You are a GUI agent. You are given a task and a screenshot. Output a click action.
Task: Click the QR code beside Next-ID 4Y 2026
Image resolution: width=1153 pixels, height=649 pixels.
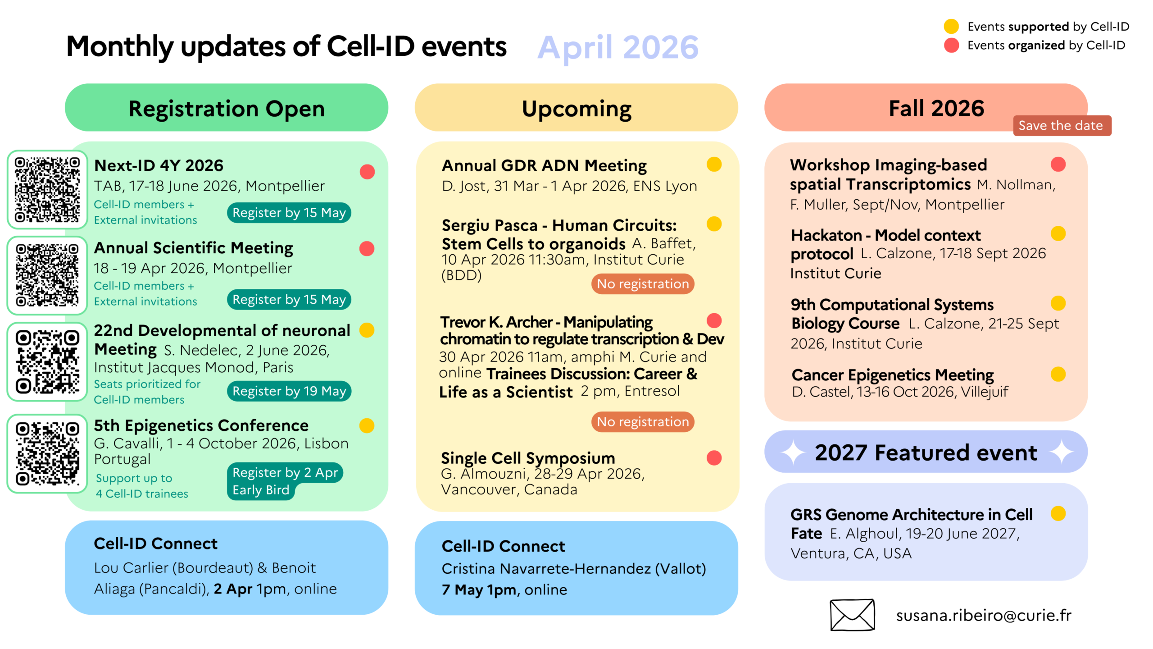pos(47,189)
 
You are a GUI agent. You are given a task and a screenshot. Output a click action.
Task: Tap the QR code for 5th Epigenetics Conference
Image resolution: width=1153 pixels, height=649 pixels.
pos(47,453)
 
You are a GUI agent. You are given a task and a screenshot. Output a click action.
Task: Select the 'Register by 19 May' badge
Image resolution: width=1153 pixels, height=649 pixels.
pos(289,391)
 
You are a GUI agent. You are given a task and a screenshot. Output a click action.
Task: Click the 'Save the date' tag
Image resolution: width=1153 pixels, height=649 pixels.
pos(1062,125)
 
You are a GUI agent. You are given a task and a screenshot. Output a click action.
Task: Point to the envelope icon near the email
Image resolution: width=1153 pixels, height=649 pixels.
pos(852,615)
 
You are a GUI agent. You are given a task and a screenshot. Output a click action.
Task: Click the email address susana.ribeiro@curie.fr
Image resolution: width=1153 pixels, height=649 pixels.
pos(984,615)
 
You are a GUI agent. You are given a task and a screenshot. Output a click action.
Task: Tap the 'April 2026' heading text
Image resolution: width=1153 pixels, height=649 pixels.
pos(618,48)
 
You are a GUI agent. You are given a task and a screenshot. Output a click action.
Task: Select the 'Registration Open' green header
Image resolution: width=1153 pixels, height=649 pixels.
pos(227,108)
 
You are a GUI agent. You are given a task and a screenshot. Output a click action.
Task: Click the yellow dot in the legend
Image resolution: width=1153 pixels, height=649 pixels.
pos(951,26)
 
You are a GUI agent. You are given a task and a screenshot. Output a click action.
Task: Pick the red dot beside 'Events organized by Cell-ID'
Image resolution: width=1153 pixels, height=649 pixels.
pos(951,45)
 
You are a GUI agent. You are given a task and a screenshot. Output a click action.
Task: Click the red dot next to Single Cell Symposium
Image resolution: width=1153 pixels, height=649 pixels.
pos(714,458)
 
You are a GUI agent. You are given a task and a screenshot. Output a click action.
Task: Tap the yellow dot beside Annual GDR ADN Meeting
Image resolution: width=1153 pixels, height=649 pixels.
pos(714,165)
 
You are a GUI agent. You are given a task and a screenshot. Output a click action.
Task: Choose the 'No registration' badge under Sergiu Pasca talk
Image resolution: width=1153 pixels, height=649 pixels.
pos(643,284)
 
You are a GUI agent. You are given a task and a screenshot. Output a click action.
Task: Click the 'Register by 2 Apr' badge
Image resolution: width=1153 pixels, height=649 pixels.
pos(285,472)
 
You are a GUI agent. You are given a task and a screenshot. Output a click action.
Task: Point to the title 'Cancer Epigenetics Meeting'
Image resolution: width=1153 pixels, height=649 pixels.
pos(893,375)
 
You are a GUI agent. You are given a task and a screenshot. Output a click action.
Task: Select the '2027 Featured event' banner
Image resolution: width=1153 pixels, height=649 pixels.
pos(926,452)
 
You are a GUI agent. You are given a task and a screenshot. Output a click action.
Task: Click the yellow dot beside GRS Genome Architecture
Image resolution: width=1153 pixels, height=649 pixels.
pos(1058,513)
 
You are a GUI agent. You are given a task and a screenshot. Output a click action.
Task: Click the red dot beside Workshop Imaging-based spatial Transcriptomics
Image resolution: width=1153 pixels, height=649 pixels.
pos(1058,165)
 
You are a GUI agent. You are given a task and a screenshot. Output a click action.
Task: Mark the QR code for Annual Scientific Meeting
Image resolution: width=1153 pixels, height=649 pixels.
pos(47,275)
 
